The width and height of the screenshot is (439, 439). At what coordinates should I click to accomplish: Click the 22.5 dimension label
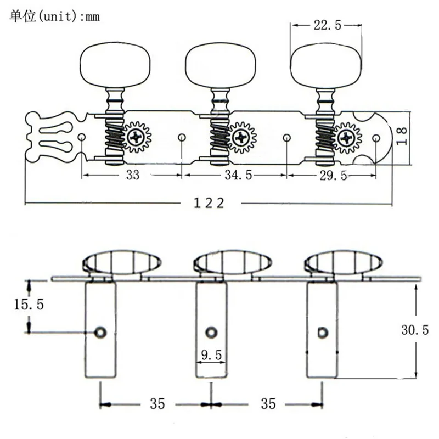coord(327,25)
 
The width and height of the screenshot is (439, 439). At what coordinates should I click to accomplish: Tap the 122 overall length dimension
coord(209,203)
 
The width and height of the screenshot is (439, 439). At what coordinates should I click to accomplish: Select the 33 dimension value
coord(132,175)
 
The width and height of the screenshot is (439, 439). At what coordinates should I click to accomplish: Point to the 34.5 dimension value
coord(238,175)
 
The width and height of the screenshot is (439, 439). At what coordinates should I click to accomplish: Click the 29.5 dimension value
coord(333,176)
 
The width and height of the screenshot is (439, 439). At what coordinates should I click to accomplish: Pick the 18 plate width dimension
coord(402,136)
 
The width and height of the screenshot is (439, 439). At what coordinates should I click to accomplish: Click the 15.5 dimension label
coord(29,305)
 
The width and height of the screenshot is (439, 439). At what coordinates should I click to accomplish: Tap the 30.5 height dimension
coord(415,330)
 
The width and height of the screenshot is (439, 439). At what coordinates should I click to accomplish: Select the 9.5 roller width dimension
coord(211,355)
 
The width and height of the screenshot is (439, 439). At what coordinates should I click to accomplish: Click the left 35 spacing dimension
coord(157,403)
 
